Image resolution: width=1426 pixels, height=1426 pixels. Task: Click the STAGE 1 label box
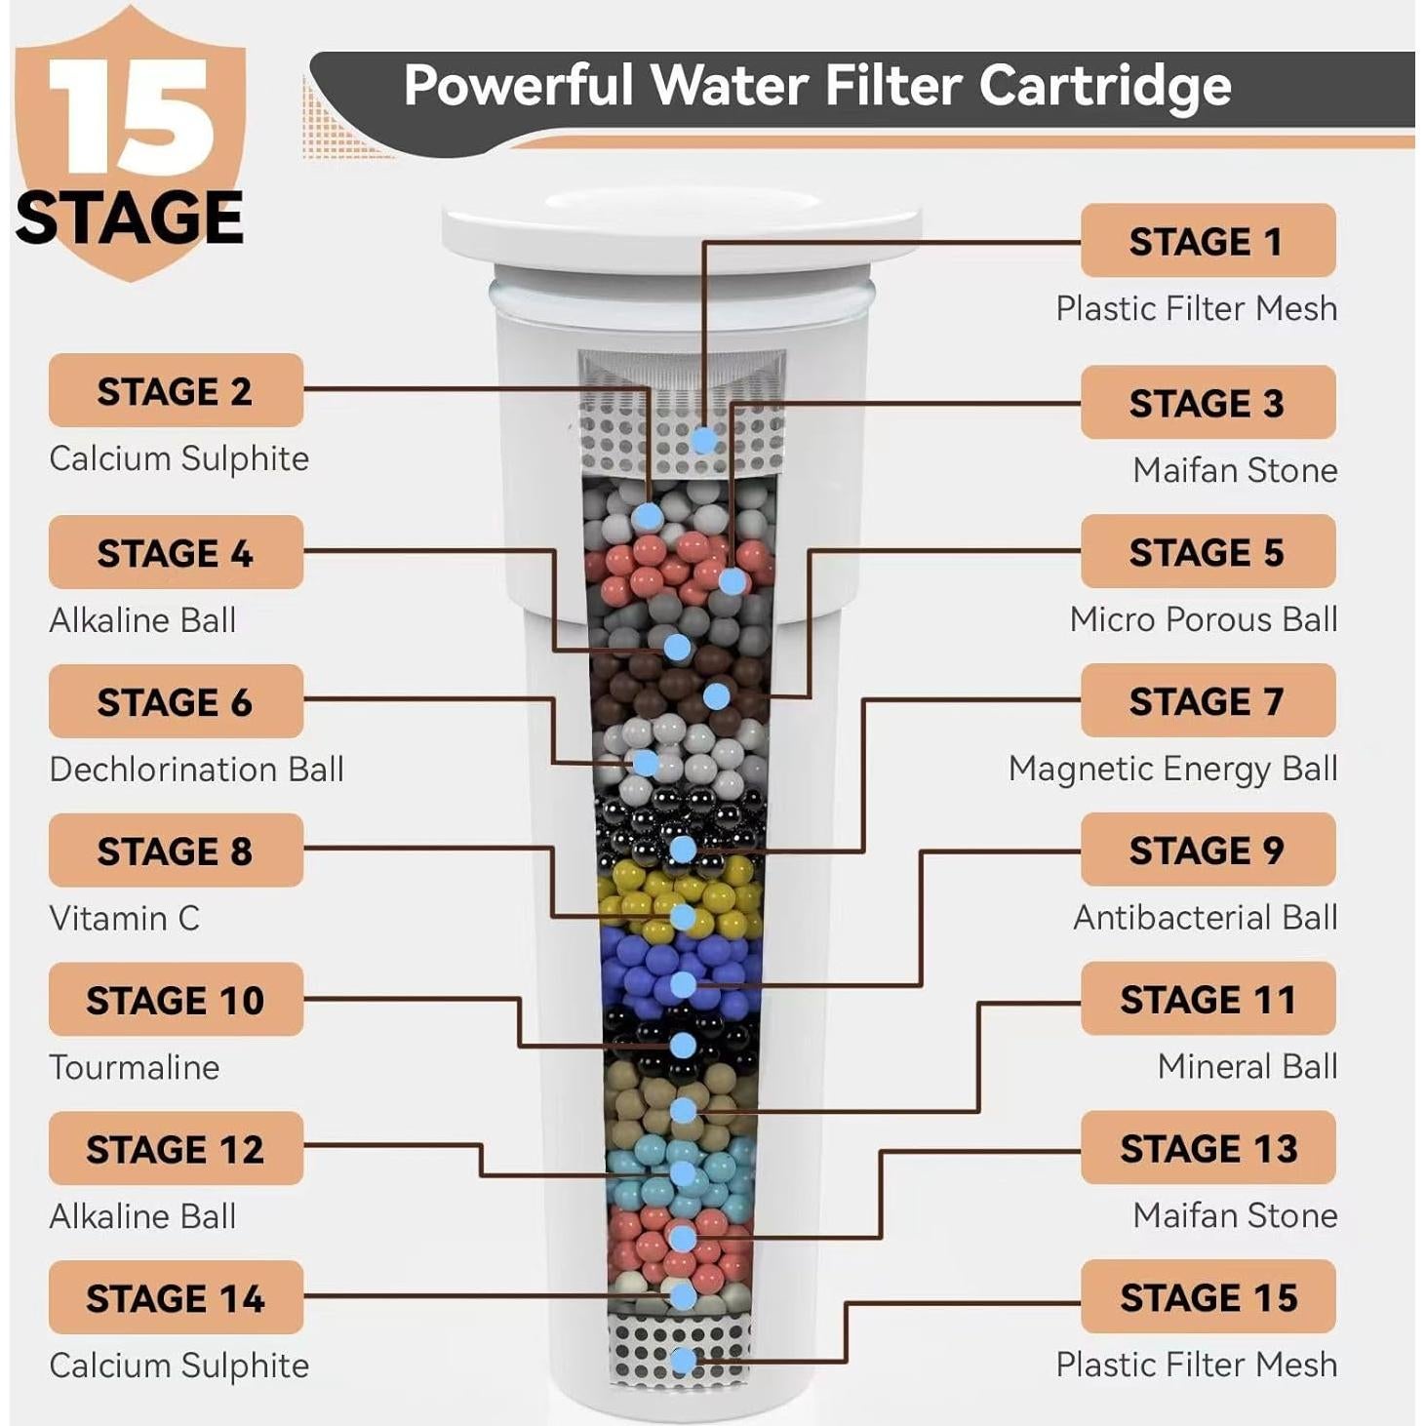click(1208, 240)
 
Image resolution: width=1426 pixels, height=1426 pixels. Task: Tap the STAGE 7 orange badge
click(1208, 700)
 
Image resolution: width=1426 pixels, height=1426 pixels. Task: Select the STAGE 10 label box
click(176, 999)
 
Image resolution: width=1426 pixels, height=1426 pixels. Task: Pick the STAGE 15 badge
click(1208, 1296)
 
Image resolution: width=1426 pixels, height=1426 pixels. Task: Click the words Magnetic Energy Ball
click(1172, 769)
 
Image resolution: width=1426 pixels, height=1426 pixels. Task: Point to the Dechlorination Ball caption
click(196, 770)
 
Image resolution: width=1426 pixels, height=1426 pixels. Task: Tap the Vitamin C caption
click(124, 918)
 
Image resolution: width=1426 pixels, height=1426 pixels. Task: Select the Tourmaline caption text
click(134, 1067)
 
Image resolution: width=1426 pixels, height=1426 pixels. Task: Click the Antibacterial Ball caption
click(1205, 918)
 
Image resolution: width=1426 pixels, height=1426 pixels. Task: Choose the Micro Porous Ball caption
click(1203, 619)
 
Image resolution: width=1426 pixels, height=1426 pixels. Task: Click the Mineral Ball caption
click(1247, 1066)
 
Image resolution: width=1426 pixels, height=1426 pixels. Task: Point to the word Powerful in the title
click(519, 85)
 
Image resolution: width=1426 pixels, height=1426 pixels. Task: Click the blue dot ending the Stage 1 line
click(703, 440)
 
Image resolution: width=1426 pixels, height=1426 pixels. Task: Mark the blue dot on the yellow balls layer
click(683, 917)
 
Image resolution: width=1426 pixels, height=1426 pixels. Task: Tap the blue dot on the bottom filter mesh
click(684, 1360)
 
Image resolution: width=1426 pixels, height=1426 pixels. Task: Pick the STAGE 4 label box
click(176, 552)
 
